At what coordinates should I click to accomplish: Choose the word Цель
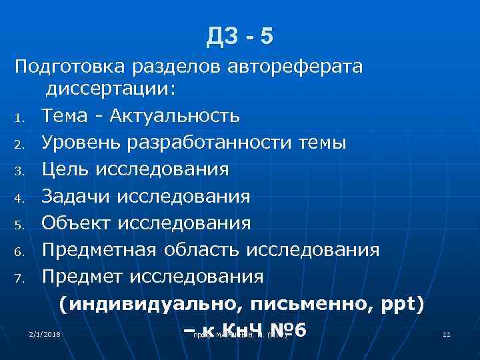(65, 169)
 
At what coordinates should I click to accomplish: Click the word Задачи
(75, 197)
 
